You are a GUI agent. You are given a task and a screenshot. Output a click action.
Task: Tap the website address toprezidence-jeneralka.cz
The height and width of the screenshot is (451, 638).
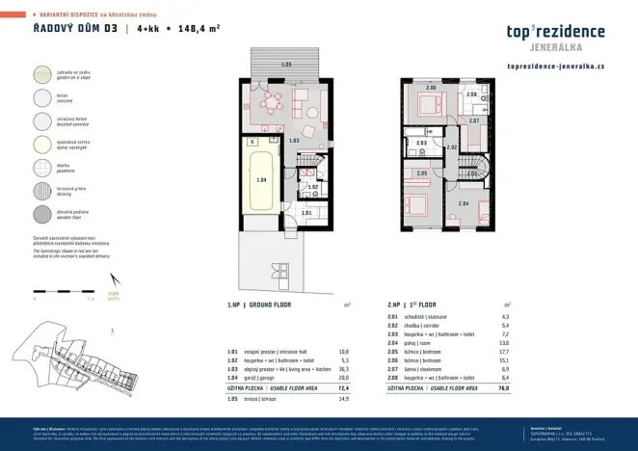[554, 66]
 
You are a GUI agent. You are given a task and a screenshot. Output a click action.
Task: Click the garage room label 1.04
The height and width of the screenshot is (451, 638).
[260, 180]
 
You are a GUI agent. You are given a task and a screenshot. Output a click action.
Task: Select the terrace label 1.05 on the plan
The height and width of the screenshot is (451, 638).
[285, 65]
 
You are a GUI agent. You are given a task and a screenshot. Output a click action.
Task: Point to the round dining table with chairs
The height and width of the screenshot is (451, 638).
[274, 101]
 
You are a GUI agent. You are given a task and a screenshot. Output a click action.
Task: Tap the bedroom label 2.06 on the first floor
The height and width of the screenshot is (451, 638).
[431, 89]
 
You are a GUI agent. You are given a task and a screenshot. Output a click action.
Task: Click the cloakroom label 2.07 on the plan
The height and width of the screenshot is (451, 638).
[473, 121]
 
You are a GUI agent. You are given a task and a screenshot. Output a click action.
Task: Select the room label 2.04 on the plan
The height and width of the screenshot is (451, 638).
[463, 203]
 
